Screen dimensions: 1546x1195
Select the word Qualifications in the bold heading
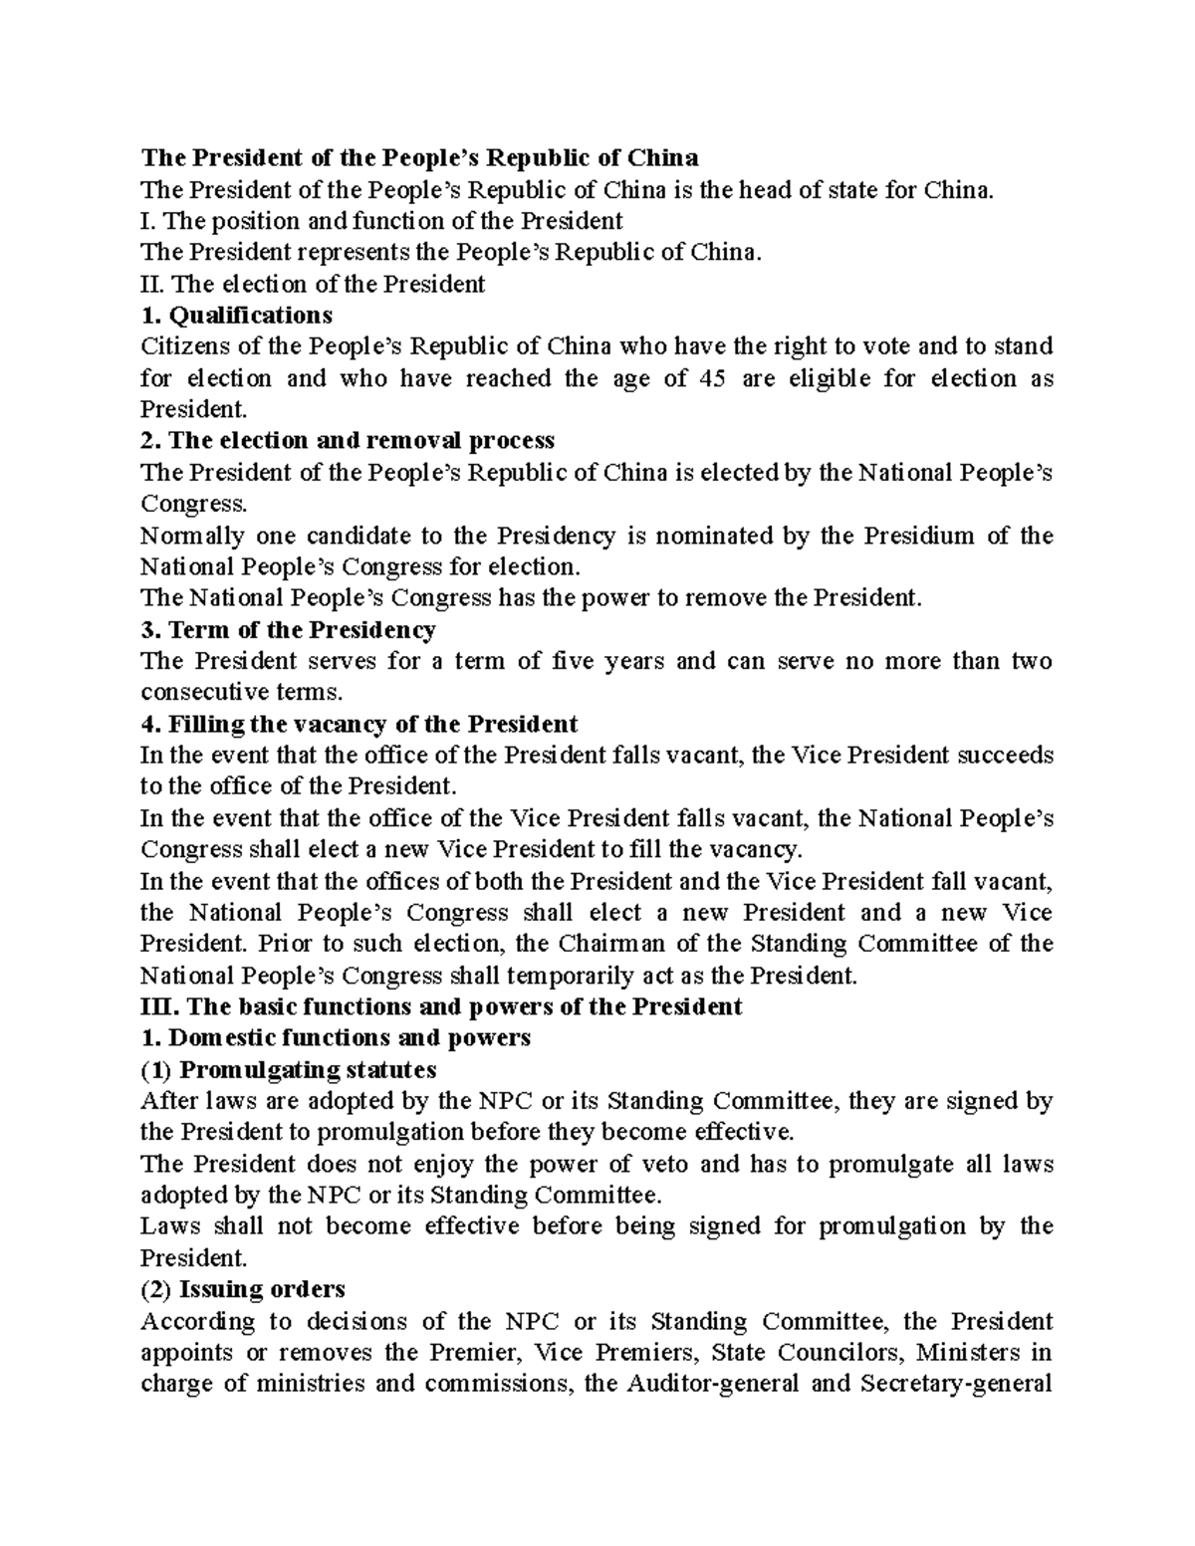coord(251,316)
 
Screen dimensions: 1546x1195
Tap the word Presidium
coord(918,536)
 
